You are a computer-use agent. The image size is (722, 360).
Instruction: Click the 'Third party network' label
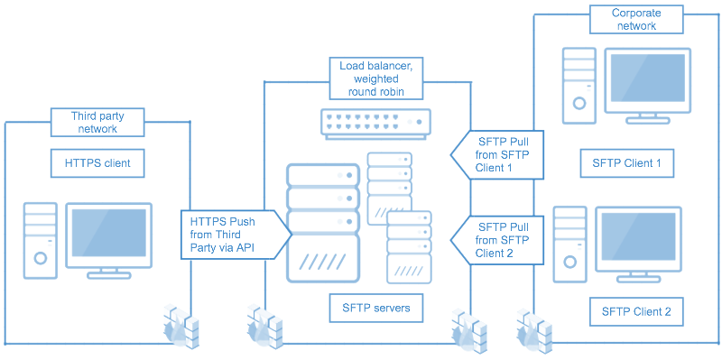click(x=97, y=122)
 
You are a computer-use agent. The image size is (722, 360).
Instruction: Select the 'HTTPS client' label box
click(x=97, y=163)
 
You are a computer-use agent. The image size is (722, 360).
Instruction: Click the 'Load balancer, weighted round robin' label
click(x=375, y=78)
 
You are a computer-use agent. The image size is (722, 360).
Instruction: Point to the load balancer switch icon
click(x=375, y=123)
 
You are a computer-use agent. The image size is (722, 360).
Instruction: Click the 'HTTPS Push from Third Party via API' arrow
click(x=235, y=234)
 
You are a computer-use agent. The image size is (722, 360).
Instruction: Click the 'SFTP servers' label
click(x=375, y=308)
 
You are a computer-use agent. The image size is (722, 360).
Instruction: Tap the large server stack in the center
click(x=323, y=221)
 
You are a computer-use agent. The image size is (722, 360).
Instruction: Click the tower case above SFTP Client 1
click(x=577, y=84)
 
